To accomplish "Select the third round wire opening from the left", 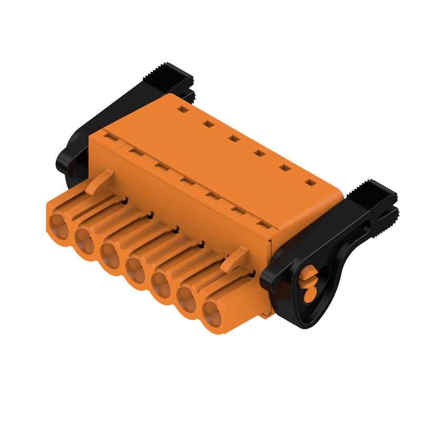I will [x=110, y=255].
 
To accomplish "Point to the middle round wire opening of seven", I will [x=135, y=270].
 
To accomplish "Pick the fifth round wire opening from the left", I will [x=160, y=285].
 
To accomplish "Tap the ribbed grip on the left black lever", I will [x=168, y=76].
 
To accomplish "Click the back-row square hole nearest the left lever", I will [x=183, y=109].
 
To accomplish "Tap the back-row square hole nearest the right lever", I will [x=310, y=183].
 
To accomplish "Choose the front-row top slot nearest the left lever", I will [x=111, y=136].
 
